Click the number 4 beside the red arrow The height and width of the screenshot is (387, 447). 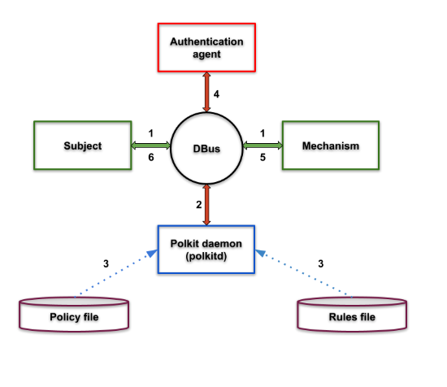[x=216, y=94]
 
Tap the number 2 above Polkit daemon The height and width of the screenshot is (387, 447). [x=198, y=205]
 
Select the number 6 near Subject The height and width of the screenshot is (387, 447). [x=151, y=157]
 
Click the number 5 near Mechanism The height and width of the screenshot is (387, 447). [x=263, y=157]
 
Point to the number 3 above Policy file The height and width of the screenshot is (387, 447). [x=106, y=263]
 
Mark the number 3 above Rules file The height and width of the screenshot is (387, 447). [x=321, y=263]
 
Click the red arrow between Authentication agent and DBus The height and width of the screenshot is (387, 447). [x=206, y=92]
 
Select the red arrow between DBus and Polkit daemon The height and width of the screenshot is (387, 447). [x=206, y=205]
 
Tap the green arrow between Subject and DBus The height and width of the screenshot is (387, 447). [x=151, y=146]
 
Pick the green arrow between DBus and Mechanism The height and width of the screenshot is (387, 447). [x=263, y=146]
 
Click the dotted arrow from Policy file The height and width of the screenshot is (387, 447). [x=115, y=273]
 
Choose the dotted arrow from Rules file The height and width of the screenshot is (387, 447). [x=304, y=273]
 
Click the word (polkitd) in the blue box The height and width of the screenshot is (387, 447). [x=206, y=256]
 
